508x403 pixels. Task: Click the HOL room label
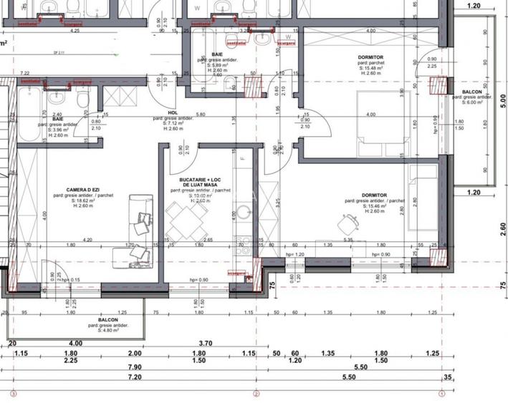tap(173, 112)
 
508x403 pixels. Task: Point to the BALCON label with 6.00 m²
tap(471, 92)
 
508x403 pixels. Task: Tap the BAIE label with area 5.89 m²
tap(218, 54)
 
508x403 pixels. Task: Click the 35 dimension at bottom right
tap(448, 377)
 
